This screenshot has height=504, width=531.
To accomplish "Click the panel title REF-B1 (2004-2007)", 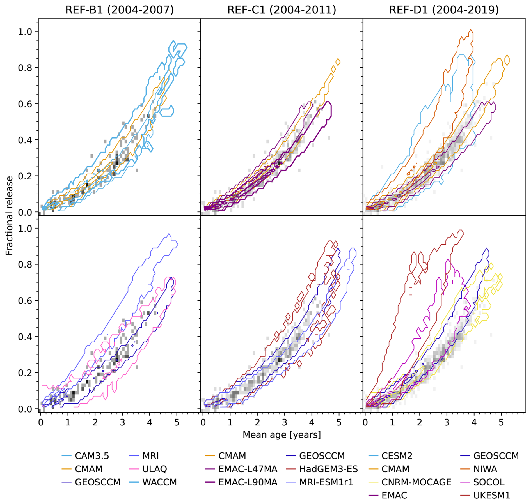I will point(120,10).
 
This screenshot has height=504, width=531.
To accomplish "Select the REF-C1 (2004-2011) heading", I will point(281,10).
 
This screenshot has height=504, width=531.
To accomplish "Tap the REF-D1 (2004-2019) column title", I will point(444,10).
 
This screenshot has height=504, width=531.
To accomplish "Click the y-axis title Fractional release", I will point(9,215).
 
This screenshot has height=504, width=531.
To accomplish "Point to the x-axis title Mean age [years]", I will point(281,434).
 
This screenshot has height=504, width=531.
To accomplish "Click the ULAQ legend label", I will point(154,469).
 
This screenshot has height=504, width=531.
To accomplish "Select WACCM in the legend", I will point(159,482).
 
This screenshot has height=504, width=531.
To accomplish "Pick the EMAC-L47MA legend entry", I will point(248,469).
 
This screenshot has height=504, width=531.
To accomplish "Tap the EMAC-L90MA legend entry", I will point(248,482).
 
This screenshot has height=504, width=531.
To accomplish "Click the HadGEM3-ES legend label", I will point(328,469).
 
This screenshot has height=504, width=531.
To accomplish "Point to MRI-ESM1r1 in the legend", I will point(326,482).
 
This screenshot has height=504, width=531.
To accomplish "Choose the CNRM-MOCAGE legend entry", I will point(416,482).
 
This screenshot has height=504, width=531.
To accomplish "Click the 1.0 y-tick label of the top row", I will point(25,32).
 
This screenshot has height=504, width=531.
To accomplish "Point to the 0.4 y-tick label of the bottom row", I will point(25,337).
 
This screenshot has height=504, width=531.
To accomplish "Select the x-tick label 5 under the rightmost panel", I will point(501,422).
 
